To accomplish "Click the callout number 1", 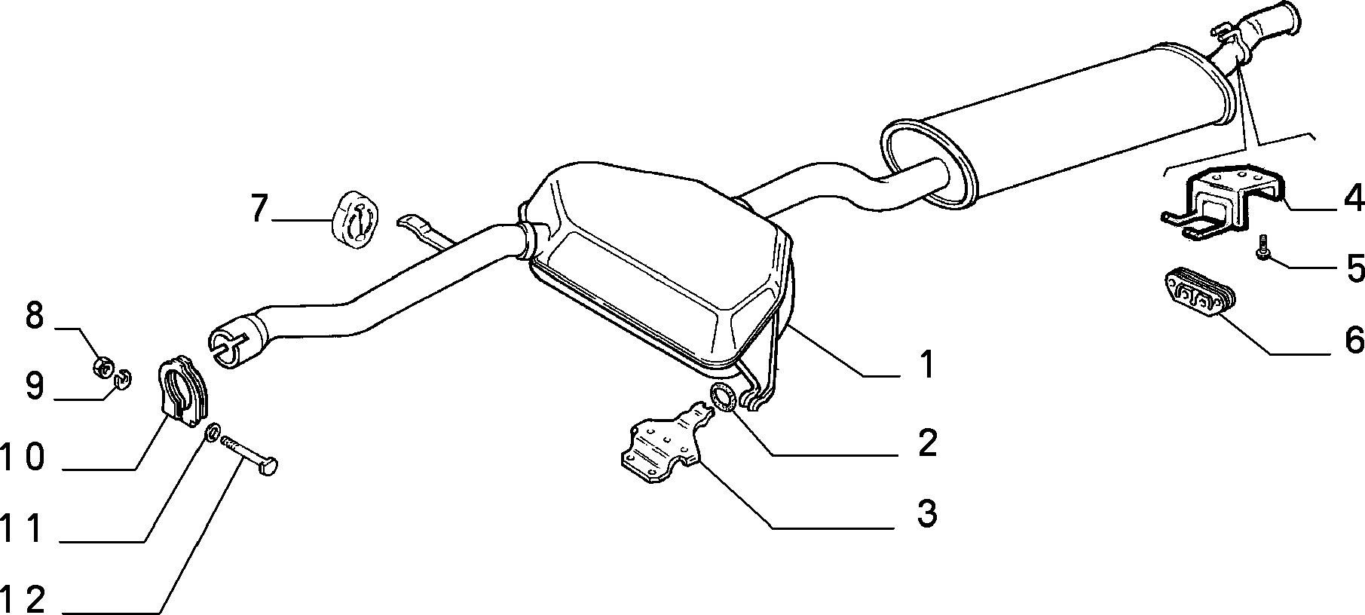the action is [x=926, y=365].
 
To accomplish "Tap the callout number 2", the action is [x=926, y=443].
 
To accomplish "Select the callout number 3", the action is [x=926, y=514].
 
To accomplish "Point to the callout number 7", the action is [x=259, y=208].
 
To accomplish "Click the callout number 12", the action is [x=24, y=600].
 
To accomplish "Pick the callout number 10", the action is [x=24, y=457].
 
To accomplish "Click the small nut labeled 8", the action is [x=103, y=368].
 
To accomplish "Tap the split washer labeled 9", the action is [x=124, y=375].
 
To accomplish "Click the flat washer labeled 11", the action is [x=213, y=433].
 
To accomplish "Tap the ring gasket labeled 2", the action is [x=724, y=397].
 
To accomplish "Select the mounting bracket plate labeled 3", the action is [x=663, y=445].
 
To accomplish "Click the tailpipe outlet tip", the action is [x=1292, y=19].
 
